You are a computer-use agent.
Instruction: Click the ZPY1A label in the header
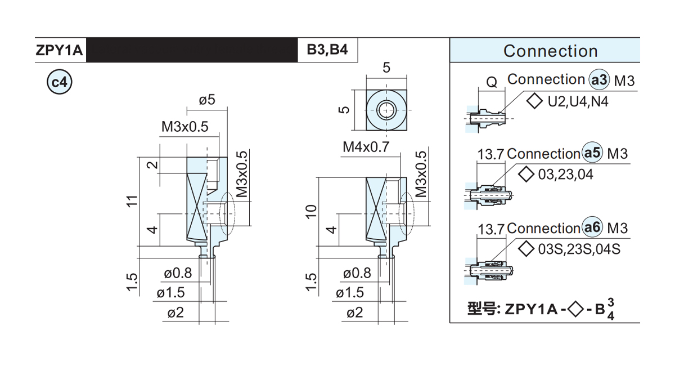[x=59, y=50]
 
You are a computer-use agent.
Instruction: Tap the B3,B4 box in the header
[x=327, y=50]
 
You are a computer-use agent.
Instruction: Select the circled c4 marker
[x=60, y=82]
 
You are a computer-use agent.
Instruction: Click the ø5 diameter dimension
[x=207, y=100]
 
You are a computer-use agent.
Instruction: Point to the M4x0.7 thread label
[x=366, y=147]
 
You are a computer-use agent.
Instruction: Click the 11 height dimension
[x=132, y=201]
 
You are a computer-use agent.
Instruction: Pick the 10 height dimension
[x=311, y=211]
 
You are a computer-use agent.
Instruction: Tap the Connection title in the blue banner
[x=551, y=51]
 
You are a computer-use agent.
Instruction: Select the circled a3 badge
[x=600, y=80]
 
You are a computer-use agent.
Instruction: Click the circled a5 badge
[x=592, y=153]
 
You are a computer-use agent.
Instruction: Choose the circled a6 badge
[x=592, y=227]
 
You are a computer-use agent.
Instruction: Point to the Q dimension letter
[x=492, y=82]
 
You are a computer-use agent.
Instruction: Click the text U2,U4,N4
[x=578, y=101]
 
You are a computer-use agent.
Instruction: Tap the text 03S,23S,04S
[x=579, y=249]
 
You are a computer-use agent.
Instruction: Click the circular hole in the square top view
[x=386, y=110]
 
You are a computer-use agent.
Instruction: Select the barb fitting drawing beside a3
[x=486, y=118]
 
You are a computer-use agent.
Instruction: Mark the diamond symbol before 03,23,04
[x=526, y=175]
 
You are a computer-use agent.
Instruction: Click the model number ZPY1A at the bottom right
[x=531, y=310]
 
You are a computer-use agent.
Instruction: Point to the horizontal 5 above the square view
[x=386, y=68]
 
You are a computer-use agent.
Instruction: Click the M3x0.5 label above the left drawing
[x=184, y=127]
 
